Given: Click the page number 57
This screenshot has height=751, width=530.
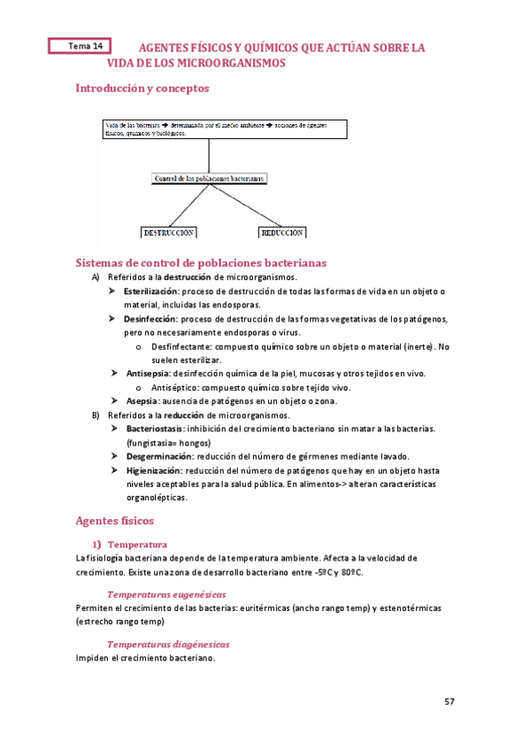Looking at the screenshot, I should coord(449,701).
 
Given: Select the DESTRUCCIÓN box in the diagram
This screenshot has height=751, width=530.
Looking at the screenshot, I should coord(168,233).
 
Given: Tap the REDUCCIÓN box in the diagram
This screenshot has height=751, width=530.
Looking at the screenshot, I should coord(282,233).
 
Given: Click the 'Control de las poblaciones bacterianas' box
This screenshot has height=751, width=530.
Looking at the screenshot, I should coord(210,178).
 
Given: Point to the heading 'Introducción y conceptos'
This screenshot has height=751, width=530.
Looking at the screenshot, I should coord(142,89).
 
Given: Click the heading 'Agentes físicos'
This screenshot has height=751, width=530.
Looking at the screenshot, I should coord(115,521).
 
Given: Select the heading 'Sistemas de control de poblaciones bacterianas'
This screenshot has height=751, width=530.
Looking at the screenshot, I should coord(202,263).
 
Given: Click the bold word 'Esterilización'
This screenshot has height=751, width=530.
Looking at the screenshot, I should coord(151,291).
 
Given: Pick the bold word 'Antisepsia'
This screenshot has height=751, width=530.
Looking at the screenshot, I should coord(148,374).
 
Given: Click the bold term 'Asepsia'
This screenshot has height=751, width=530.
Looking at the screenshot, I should coord(142,401).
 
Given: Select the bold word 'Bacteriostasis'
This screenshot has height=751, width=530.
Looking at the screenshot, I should coord(156,429).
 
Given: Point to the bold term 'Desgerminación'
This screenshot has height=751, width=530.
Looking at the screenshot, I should coord(157,456).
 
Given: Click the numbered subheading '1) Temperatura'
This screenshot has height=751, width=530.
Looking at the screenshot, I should coord(136,544).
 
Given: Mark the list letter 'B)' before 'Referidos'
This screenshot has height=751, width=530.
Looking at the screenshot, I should coord(96,415).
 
